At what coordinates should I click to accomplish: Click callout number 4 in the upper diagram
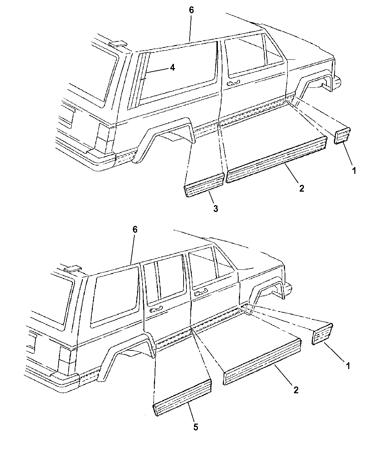click(172, 68)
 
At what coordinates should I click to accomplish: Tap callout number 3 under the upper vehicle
click(215, 208)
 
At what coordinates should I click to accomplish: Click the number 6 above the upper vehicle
click(191, 10)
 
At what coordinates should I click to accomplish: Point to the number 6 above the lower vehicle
click(135, 229)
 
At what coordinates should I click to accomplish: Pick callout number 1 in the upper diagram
click(354, 171)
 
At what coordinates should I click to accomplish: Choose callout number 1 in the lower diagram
click(348, 366)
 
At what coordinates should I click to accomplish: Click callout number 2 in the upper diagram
click(302, 188)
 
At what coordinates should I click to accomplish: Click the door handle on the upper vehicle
click(234, 83)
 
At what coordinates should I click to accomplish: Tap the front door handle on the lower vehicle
click(201, 294)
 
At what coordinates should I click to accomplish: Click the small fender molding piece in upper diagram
click(342, 136)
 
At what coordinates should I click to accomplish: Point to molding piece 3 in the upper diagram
click(204, 185)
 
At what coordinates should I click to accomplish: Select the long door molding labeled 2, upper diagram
click(276, 159)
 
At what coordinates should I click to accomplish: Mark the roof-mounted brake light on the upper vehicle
click(118, 44)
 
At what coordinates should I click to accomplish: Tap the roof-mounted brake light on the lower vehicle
click(73, 269)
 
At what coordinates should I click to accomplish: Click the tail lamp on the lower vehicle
click(65, 360)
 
